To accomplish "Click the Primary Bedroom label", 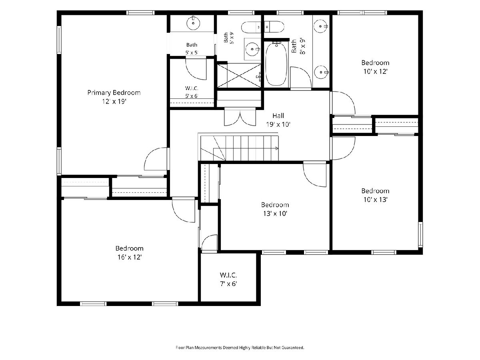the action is (114, 93).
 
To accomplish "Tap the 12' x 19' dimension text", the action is (114, 102).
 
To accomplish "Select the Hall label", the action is (278, 116).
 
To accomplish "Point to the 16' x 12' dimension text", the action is (130, 257).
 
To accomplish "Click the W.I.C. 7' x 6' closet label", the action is (228, 279).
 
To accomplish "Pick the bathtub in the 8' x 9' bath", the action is (276, 64).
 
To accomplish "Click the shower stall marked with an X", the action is (239, 76).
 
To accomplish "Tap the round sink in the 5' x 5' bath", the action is (193, 23).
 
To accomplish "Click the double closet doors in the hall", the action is (240, 117).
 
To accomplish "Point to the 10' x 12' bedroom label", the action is (375, 67).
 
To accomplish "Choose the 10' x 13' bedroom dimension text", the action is (376, 200).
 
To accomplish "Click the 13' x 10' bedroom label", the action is (275, 209).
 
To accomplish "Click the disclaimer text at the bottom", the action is (240, 348).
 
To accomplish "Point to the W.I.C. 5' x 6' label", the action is (192, 92).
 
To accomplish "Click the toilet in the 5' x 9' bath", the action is (252, 27).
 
